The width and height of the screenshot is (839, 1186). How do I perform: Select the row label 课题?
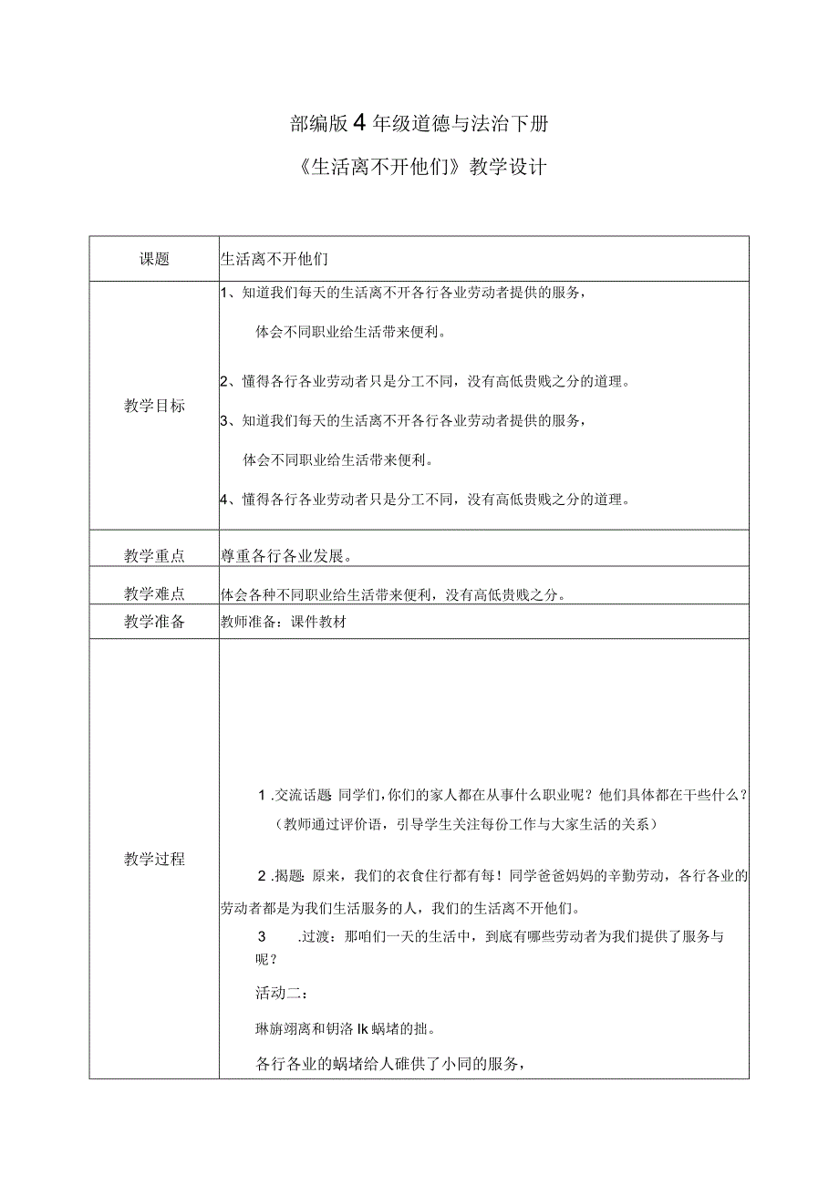(154, 259)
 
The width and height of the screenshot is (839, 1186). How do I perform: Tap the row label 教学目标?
(154, 406)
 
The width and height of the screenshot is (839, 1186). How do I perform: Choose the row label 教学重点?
(154, 555)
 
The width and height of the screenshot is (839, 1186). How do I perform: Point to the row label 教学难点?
(154, 593)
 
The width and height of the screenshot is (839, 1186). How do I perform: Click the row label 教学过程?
(154, 859)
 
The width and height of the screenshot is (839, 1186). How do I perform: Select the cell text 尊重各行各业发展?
(285, 555)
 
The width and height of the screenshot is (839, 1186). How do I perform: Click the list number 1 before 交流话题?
(263, 796)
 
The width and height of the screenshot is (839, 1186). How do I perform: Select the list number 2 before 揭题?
(263, 877)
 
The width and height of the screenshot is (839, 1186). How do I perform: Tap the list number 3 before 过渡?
(263, 936)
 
